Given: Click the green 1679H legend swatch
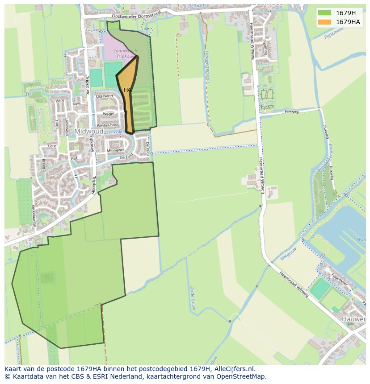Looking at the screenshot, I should [325, 12].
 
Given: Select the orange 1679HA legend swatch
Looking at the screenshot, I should [325, 22].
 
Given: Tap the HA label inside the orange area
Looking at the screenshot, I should [127, 90].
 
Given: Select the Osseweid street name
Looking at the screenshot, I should [105, 96].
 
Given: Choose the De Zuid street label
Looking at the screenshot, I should [126, 157].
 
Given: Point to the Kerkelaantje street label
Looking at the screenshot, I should [34, 216].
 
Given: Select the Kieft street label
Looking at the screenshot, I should [77, 104].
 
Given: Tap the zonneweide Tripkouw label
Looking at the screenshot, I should [126, 53].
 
